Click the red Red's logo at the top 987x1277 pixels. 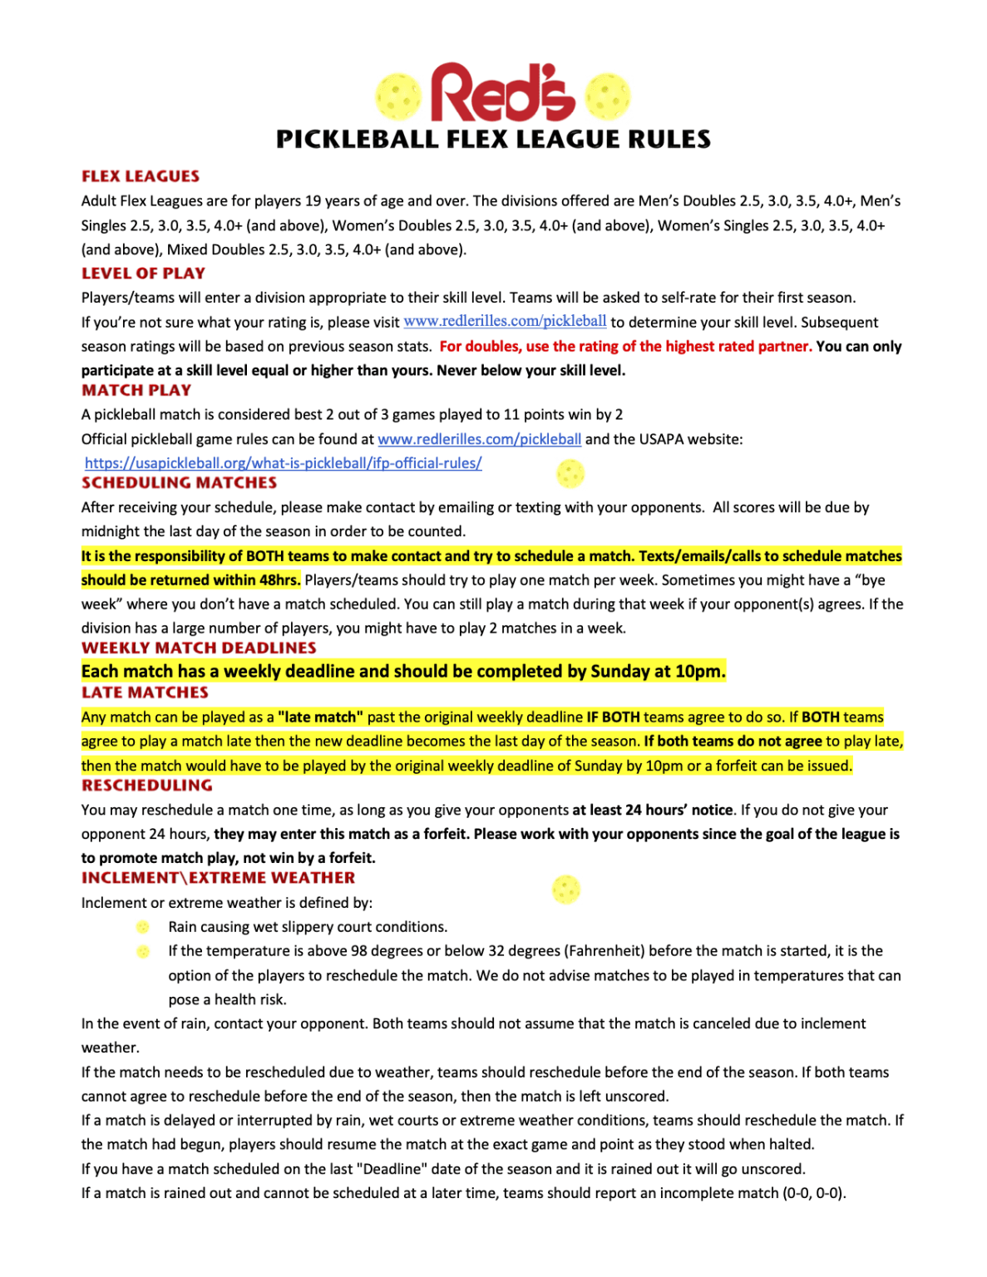point(502,93)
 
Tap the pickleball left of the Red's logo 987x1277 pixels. point(398,96)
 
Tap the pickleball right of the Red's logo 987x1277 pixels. point(608,96)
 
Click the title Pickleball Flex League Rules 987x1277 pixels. point(493,139)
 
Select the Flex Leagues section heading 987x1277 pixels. point(141,176)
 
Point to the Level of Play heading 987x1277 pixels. point(143,274)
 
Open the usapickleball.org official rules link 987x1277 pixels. point(283,463)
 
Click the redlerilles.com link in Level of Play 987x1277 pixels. point(505,322)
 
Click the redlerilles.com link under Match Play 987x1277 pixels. point(479,439)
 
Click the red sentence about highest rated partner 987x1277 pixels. point(625,346)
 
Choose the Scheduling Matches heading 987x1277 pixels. point(179,483)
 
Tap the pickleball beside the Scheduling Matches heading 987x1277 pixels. point(570,474)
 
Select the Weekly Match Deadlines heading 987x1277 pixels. point(199,648)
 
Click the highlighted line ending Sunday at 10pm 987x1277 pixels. point(403,671)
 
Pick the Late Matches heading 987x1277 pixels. point(145,693)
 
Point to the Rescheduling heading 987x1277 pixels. point(146,786)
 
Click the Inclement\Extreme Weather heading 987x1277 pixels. point(218,878)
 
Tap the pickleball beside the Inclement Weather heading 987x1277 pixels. point(566,890)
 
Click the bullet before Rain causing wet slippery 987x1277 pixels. point(143,927)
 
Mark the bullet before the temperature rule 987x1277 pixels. point(143,951)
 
